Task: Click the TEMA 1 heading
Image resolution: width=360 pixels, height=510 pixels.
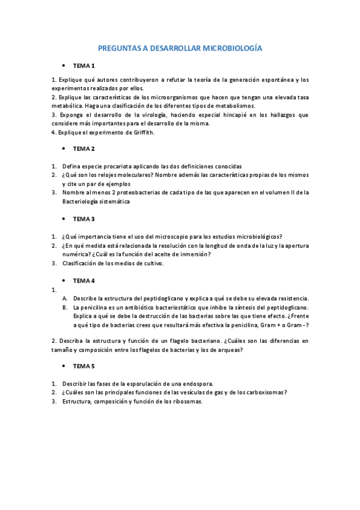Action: coord(84,65)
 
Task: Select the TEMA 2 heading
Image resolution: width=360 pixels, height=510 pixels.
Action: coord(84,149)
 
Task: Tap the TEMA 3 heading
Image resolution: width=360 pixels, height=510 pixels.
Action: coord(84,219)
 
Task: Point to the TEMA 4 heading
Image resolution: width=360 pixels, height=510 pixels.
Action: coord(84,281)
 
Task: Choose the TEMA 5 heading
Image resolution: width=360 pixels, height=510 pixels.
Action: coord(84,366)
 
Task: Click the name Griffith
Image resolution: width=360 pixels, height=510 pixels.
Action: coord(142,132)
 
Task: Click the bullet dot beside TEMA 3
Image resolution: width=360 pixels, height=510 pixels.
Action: coord(63,219)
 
